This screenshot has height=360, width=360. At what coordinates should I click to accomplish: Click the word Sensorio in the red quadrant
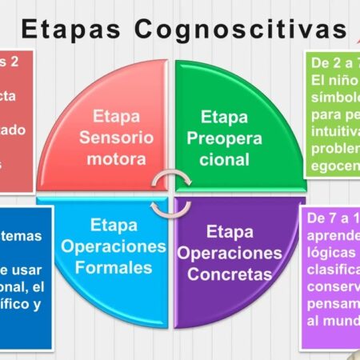tap(116, 136)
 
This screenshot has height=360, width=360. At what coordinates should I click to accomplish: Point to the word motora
tap(117, 158)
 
